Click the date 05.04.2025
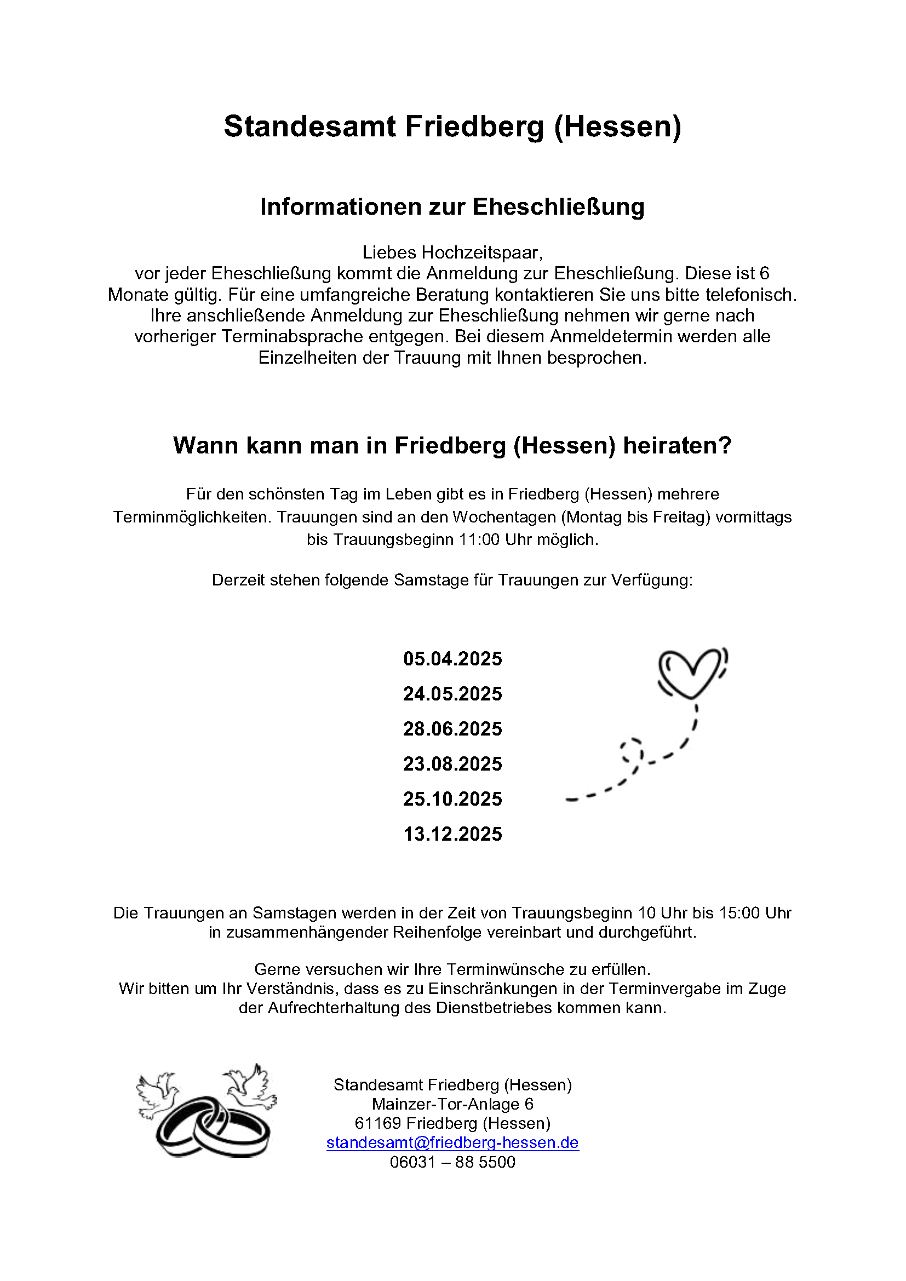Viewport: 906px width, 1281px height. [452, 659]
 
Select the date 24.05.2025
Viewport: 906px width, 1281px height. [452, 694]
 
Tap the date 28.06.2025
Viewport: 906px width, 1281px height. [452, 729]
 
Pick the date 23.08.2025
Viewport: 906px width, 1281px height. [452, 764]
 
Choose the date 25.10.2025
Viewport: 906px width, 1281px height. [452, 799]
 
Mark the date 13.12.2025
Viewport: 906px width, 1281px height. [452, 834]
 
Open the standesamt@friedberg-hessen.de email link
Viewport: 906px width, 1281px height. [452, 1142]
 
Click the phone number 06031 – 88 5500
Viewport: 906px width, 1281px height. [452, 1162]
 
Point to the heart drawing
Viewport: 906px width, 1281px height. [692, 673]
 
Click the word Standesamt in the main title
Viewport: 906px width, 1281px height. [309, 126]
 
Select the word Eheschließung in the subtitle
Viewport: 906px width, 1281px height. [558, 207]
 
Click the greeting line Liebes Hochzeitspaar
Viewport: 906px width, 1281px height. [452, 252]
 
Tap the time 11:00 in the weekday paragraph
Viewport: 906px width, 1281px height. [479, 539]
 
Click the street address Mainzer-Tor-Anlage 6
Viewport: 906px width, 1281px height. [452, 1104]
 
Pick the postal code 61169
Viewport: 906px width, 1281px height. [378, 1123]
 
